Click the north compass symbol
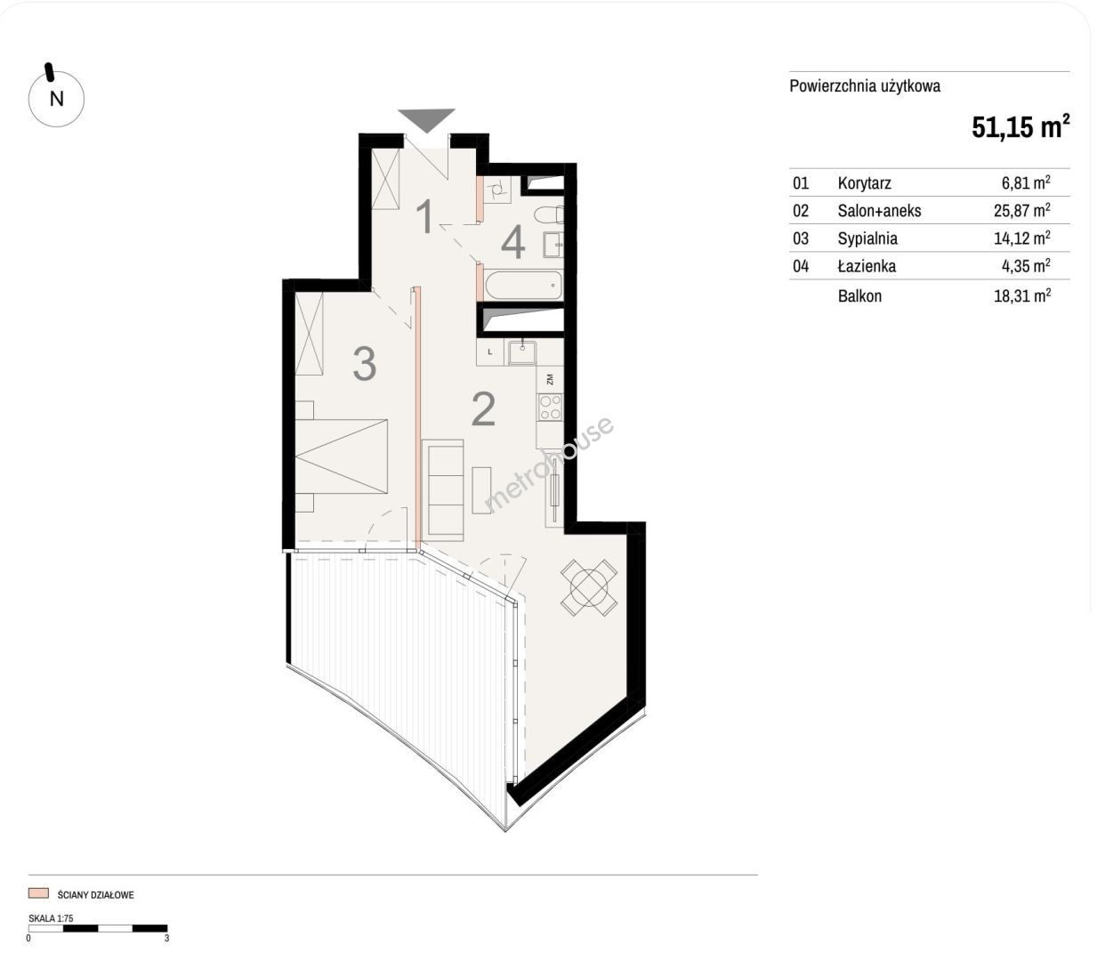56,98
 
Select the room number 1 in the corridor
426,215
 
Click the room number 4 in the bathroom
513,243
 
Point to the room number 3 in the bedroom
364,364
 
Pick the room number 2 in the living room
483,409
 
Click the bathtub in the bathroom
523,285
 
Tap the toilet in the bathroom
549,215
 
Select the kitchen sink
521,352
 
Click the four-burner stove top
551,408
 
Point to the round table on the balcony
589,588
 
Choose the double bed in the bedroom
342,456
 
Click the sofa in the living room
443,490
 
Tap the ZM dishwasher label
550,379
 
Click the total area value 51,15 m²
1020,127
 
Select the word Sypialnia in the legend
867,238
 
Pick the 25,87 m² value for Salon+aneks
1022,210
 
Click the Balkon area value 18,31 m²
1022,295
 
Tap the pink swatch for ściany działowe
38,893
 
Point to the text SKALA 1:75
51,918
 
